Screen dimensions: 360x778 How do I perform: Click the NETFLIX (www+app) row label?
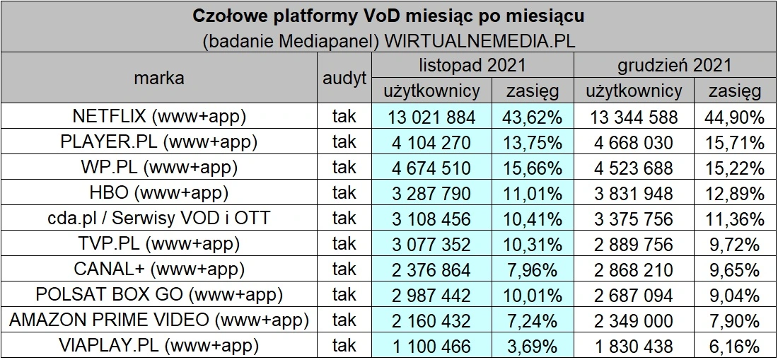tap(159, 116)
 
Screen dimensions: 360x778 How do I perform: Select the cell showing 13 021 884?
tap(431, 116)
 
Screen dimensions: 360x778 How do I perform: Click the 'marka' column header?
tap(159, 78)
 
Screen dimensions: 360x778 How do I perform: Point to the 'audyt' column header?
tap(344, 78)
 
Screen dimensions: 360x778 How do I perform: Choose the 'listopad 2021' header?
tap(472, 65)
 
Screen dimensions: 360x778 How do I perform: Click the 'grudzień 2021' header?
tap(674, 65)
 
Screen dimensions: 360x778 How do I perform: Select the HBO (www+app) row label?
tap(159, 192)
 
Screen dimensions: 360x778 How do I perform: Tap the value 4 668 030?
tap(634, 141)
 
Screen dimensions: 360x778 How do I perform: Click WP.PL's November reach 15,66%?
tap(533, 167)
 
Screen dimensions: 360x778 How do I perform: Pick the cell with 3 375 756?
tap(634, 218)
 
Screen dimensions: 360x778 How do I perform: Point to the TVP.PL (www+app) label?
tap(159, 243)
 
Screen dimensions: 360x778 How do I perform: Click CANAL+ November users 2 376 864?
tap(431, 269)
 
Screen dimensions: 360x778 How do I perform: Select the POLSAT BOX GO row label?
tap(159, 294)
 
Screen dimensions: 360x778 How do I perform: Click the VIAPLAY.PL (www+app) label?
tap(159, 345)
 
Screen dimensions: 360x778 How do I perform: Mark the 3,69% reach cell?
tap(533, 345)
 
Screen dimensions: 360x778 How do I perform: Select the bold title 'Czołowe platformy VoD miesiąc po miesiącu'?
tap(388, 16)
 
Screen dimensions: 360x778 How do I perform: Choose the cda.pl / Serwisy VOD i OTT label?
tap(159, 218)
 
